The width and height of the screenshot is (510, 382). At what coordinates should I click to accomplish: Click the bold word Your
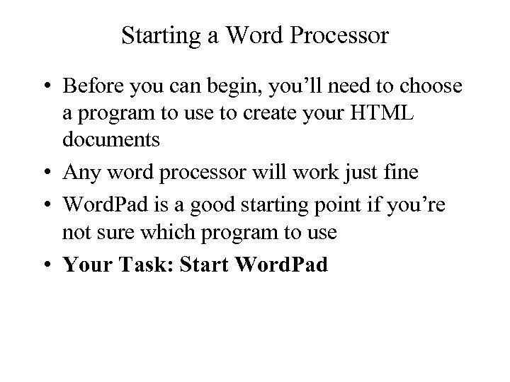(x=86, y=266)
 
